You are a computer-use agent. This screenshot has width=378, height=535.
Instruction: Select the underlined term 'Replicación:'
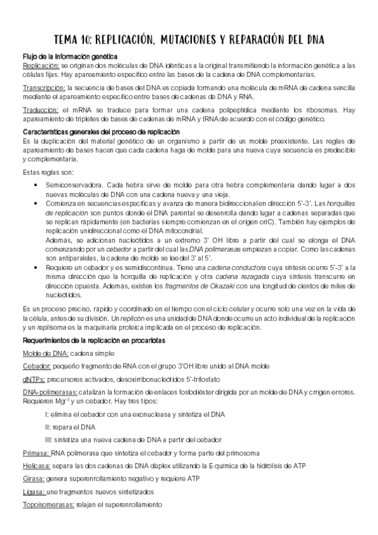coord(41,66)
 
